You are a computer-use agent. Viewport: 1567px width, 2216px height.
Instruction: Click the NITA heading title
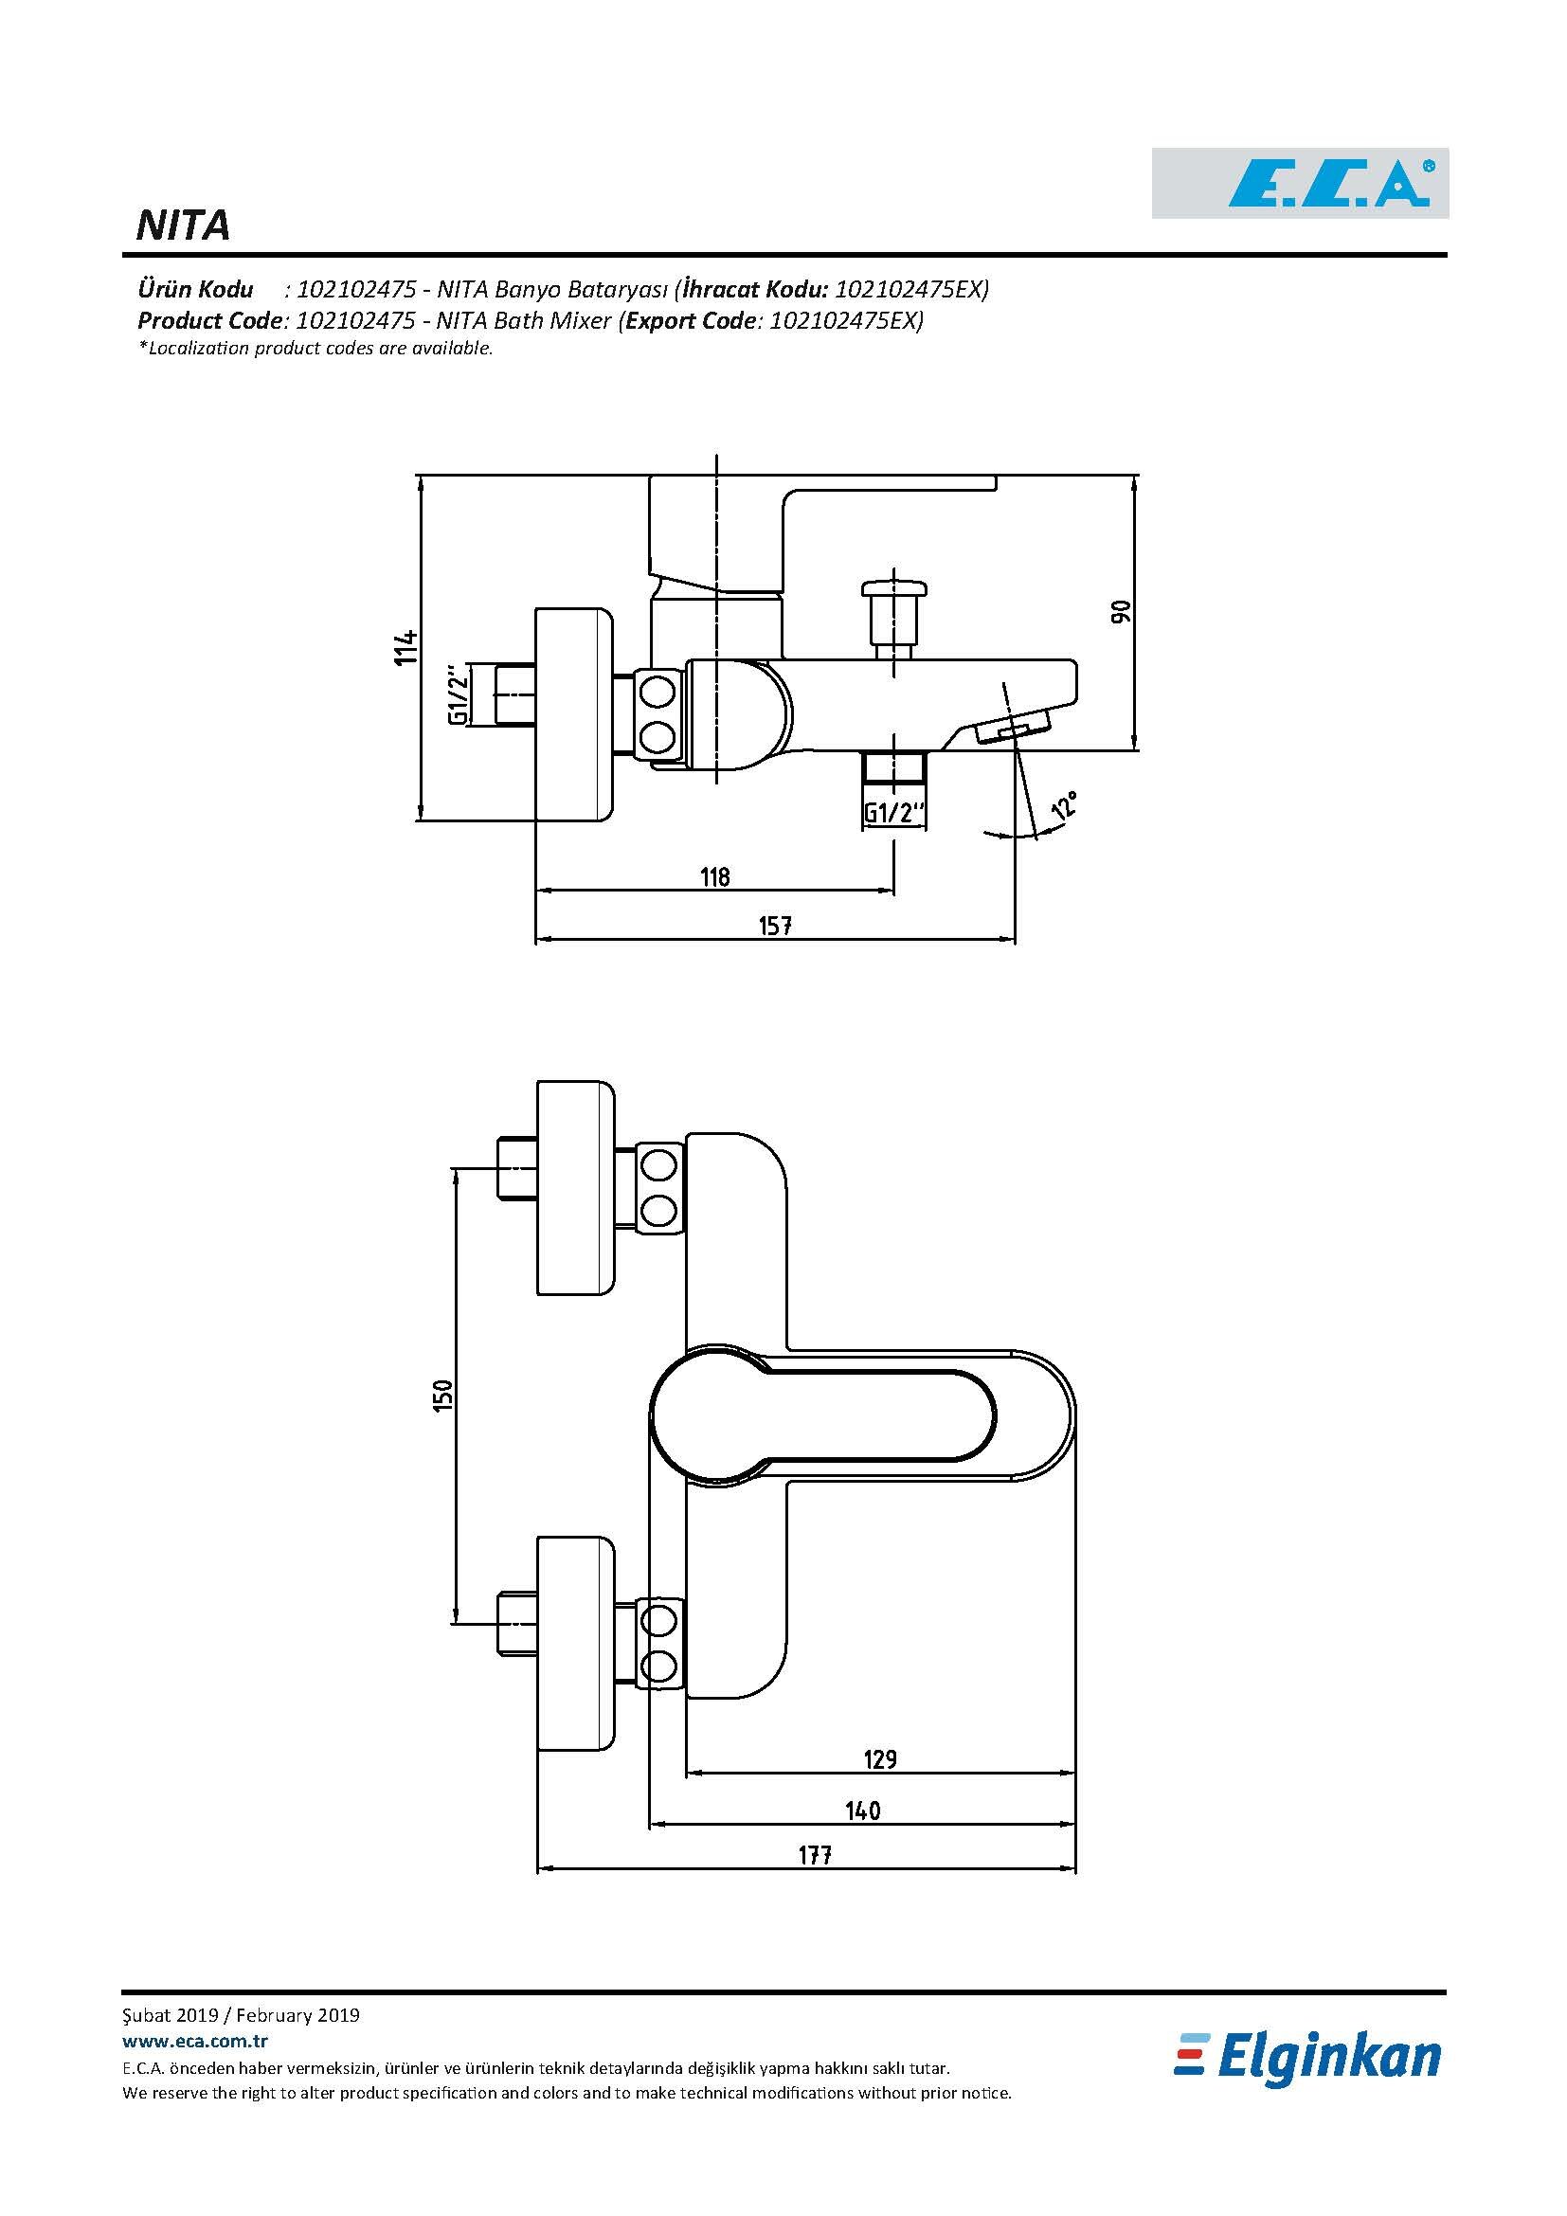click(x=184, y=225)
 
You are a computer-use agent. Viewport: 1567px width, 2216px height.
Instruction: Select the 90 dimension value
click(x=1120, y=611)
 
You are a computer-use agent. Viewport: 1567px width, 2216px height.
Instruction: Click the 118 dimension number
click(x=715, y=876)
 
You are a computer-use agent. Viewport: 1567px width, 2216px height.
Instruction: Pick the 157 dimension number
click(x=775, y=926)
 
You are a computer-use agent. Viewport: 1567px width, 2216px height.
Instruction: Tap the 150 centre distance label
click(x=442, y=1395)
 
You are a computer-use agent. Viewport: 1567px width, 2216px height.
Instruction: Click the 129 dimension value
click(x=879, y=1758)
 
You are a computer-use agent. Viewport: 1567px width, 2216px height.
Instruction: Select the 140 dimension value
click(x=863, y=1810)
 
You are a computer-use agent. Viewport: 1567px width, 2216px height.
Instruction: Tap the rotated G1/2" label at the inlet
click(x=459, y=694)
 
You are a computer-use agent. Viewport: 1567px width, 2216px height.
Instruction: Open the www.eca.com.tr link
click(x=195, y=2041)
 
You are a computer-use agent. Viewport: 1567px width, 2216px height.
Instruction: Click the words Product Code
click(x=210, y=320)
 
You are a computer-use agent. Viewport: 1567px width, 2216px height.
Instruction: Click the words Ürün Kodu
click(x=196, y=289)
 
